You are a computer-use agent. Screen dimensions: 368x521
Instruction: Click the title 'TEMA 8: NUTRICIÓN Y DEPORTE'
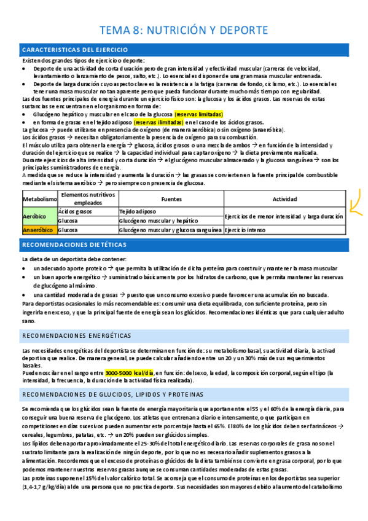tap(184, 29)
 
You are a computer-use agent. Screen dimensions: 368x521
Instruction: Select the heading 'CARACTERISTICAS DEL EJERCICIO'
tap(75, 49)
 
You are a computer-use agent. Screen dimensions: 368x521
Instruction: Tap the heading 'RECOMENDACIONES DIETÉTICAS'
tap(74, 245)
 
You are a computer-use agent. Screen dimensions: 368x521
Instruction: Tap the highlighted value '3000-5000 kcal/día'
tap(130, 372)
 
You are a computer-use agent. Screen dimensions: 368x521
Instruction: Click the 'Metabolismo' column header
tap(39, 199)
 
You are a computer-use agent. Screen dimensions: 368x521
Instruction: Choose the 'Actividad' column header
tap(284, 199)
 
